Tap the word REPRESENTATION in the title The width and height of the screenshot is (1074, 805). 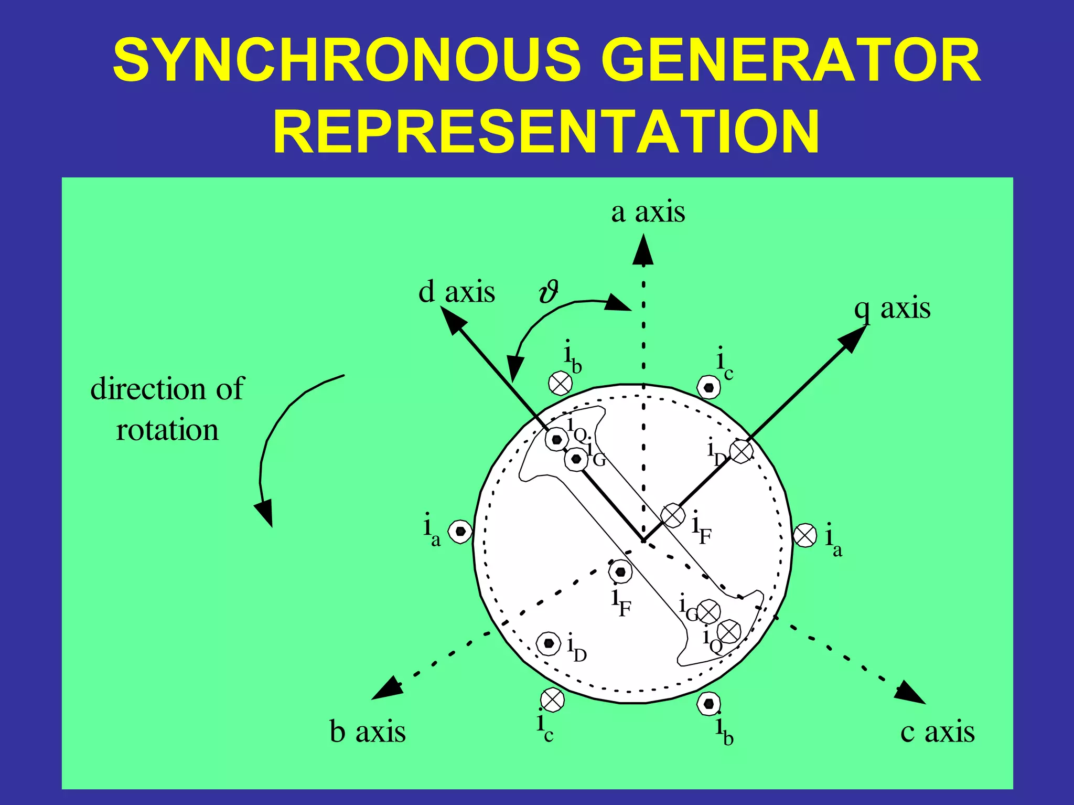click(x=546, y=131)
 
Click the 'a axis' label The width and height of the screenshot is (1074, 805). click(x=648, y=212)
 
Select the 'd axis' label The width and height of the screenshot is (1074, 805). click(x=456, y=292)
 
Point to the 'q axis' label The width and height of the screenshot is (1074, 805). click(x=893, y=309)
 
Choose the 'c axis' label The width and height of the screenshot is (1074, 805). click(x=938, y=732)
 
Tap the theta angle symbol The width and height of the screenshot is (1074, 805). click(x=549, y=292)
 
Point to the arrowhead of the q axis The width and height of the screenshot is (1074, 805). click(x=853, y=338)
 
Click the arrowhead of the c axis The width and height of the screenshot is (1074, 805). click(x=911, y=693)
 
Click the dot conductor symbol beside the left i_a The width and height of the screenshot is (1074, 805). click(x=460, y=532)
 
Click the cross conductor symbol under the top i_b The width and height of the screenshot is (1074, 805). click(x=560, y=384)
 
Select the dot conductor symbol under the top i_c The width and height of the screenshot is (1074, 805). click(x=708, y=388)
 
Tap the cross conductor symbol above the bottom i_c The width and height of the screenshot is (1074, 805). click(x=552, y=700)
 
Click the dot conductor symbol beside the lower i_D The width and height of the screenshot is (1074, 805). click(x=549, y=643)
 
